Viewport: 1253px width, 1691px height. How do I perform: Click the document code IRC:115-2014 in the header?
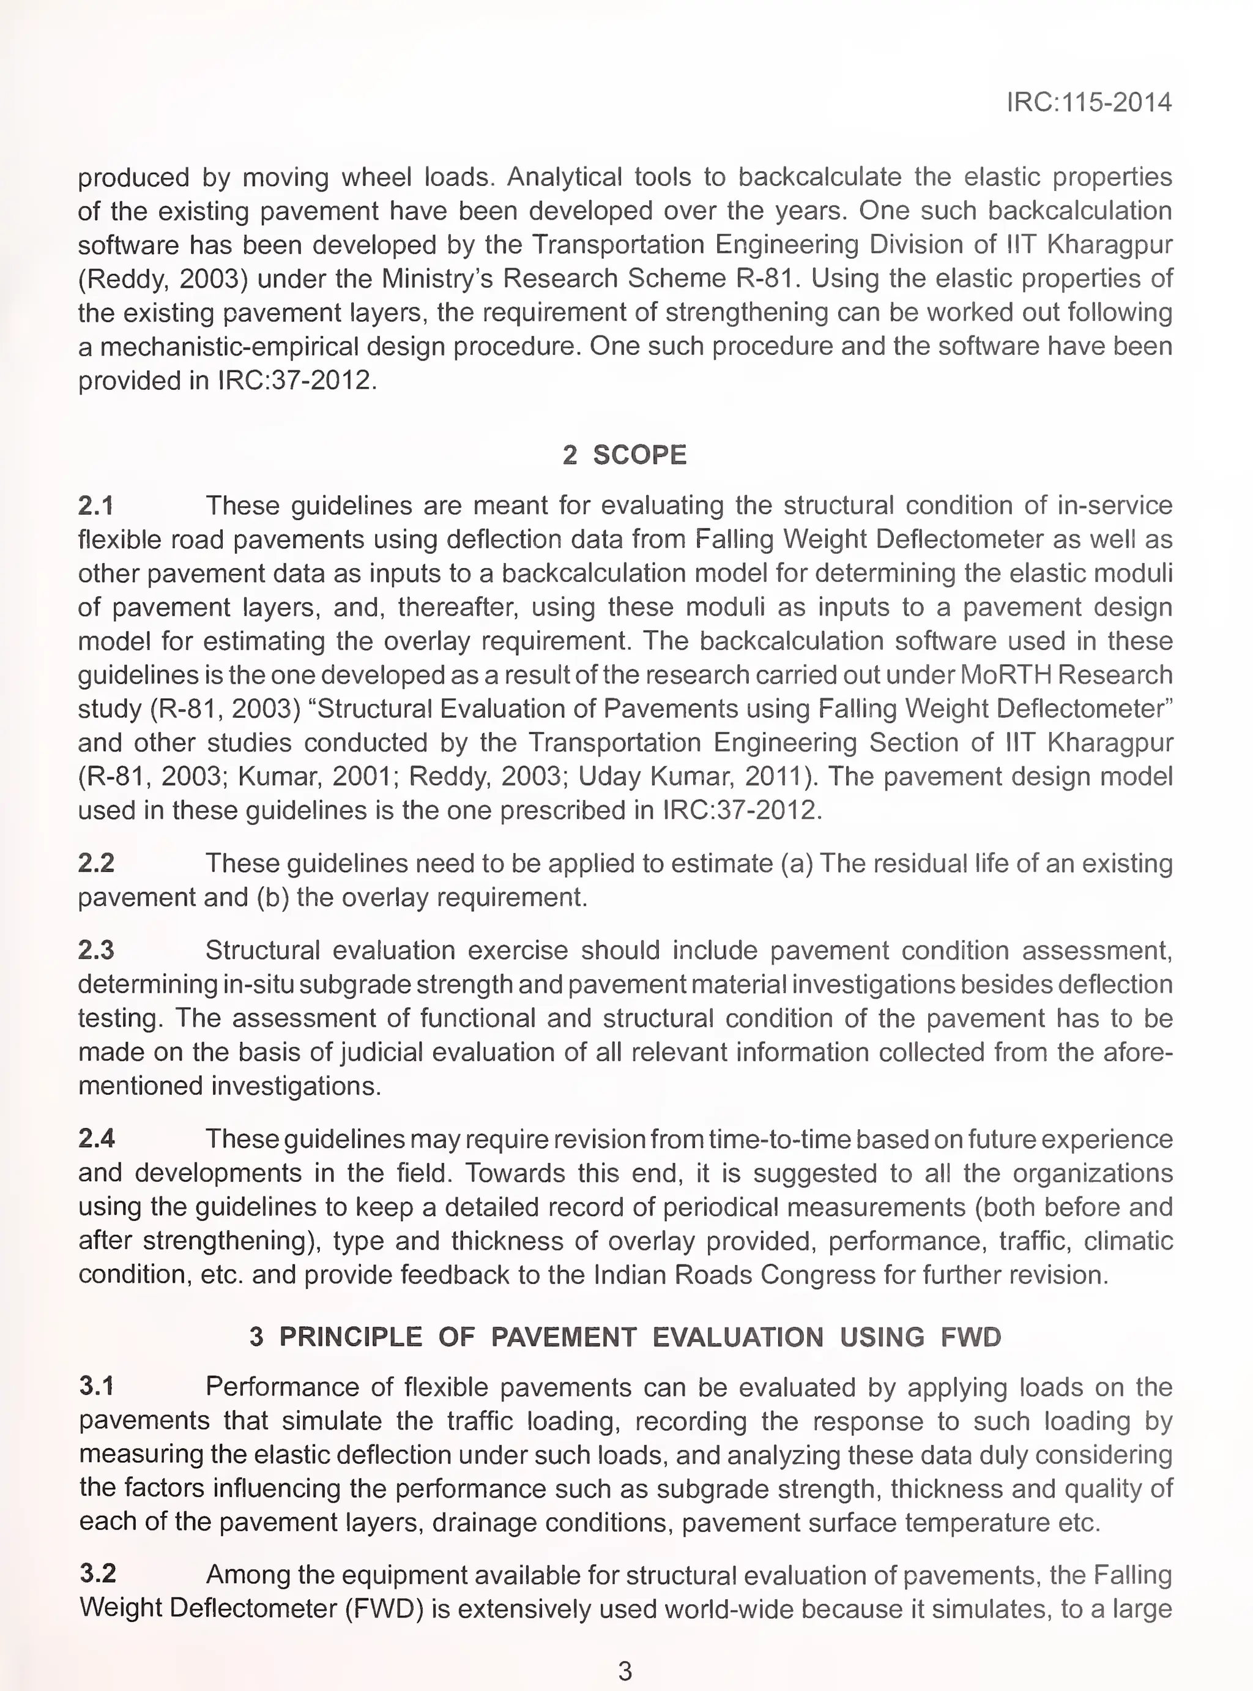click(x=1088, y=102)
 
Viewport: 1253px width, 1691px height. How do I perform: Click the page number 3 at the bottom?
click(x=625, y=1671)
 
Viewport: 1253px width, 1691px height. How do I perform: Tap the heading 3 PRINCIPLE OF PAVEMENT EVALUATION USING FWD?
click(x=625, y=1336)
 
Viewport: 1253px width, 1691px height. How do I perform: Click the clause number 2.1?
click(x=96, y=506)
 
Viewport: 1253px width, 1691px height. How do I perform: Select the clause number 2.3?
click(x=96, y=950)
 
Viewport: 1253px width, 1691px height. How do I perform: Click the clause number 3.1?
click(x=96, y=1386)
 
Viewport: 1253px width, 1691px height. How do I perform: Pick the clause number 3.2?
click(x=98, y=1574)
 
